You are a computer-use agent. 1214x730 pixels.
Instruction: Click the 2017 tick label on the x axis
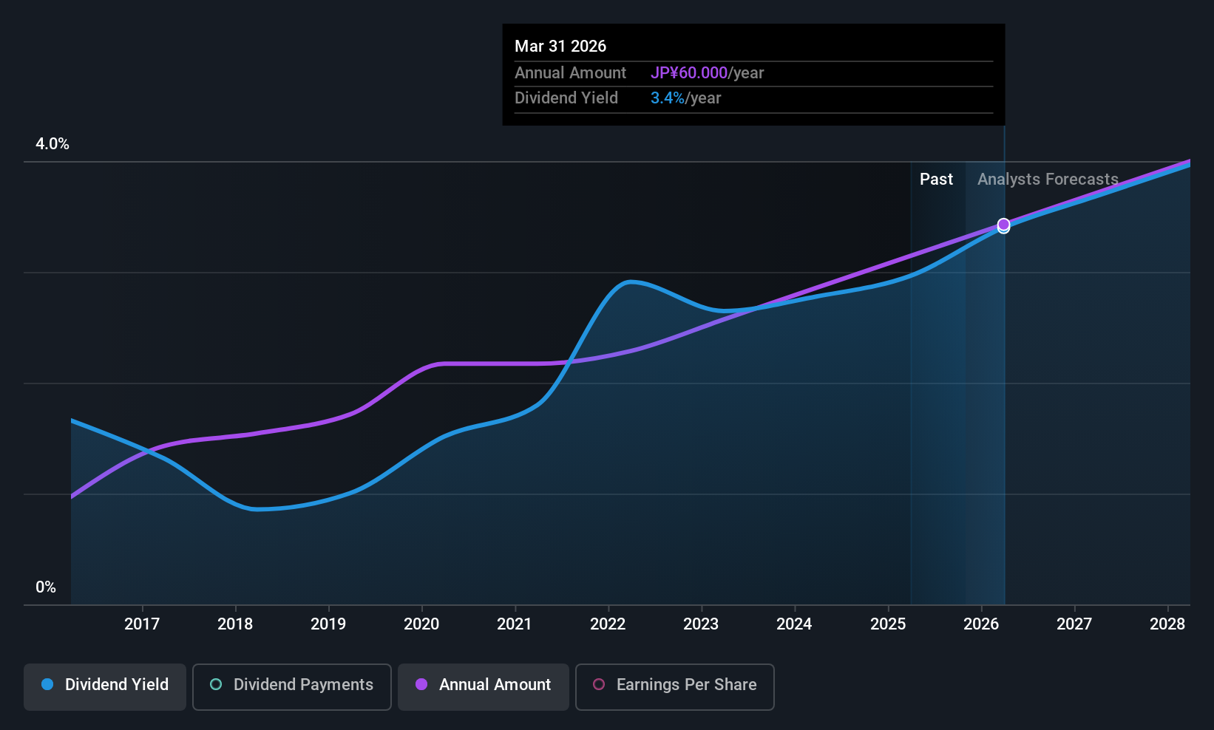pyautogui.click(x=142, y=624)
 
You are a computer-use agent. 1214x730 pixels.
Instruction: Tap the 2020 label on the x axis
pyautogui.click(x=421, y=624)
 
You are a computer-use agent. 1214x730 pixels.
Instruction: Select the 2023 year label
pyautogui.click(x=701, y=624)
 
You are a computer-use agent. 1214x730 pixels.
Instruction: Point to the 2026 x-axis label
pyautogui.click(x=981, y=624)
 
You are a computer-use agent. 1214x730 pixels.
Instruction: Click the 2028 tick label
pyautogui.click(x=1167, y=624)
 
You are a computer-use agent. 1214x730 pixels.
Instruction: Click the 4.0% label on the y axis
pyautogui.click(x=52, y=144)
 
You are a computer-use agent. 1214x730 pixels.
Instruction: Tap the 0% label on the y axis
pyautogui.click(x=46, y=587)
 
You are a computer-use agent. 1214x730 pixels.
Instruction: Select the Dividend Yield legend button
pyautogui.click(x=105, y=685)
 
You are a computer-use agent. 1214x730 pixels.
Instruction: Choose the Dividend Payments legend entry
pyautogui.click(x=292, y=685)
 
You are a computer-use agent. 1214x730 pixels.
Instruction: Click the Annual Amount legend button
pyautogui.click(x=484, y=685)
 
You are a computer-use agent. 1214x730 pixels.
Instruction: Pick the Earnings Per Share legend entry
pyautogui.click(x=674, y=685)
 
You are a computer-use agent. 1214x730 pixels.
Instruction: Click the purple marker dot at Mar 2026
pyautogui.click(x=1003, y=224)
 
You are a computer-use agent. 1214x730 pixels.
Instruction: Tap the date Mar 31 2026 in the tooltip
pyautogui.click(x=560, y=47)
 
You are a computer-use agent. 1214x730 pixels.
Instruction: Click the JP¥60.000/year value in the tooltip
pyautogui.click(x=707, y=73)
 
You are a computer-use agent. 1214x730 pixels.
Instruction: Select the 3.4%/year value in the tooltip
pyautogui.click(x=685, y=98)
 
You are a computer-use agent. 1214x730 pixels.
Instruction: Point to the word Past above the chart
pyautogui.click(x=936, y=180)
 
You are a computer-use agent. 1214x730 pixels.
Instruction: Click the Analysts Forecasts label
pyautogui.click(x=1048, y=180)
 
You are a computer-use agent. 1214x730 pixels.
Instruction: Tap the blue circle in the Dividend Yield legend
pyautogui.click(x=47, y=685)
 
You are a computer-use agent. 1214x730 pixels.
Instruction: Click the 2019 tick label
pyautogui.click(x=328, y=624)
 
